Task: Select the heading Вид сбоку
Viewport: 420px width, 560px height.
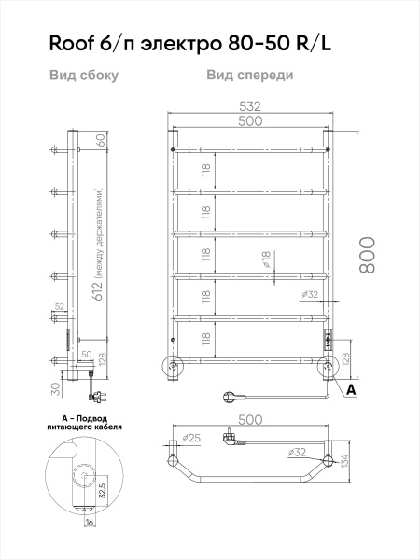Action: [83, 76]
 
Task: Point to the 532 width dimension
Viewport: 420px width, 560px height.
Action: [249, 108]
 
